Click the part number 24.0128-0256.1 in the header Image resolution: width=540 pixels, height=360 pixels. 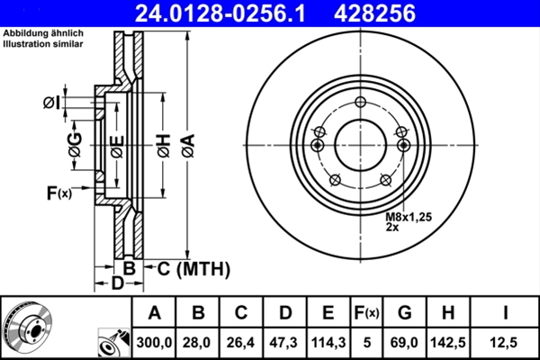220,13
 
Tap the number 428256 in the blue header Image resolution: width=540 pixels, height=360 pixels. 374,13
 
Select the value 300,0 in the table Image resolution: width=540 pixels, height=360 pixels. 154,342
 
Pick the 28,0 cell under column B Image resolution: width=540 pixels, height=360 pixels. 196,342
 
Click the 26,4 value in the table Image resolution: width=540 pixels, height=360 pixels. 240,342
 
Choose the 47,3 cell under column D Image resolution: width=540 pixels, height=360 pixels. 283,342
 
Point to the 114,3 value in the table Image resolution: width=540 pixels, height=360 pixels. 328,342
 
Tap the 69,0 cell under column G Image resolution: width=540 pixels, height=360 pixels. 404,342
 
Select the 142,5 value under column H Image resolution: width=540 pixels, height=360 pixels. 448,342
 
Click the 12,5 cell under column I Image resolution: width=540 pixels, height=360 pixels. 503,342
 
